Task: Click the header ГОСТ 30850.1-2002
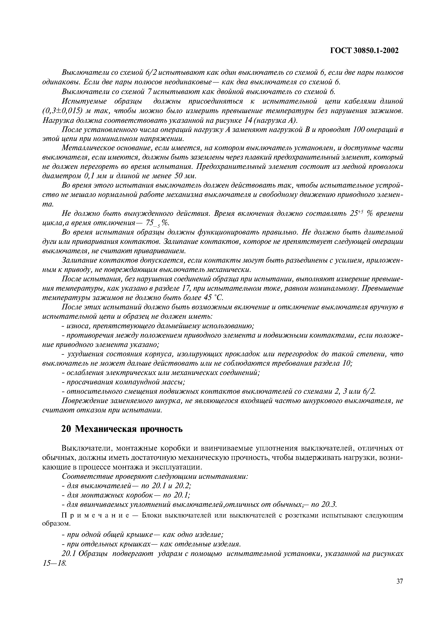click(x=364, y=51)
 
